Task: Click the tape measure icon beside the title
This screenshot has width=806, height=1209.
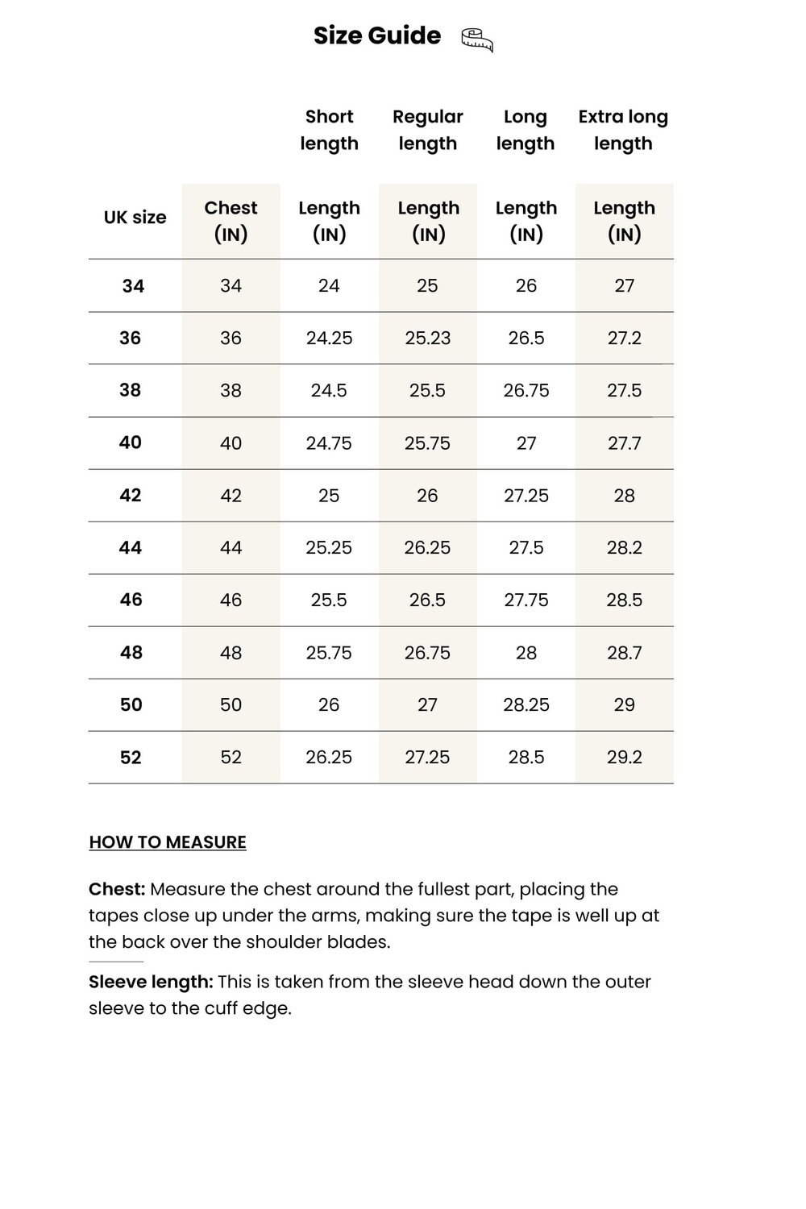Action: click(x=477, y=39)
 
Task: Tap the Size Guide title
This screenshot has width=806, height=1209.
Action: click(x=377, y=35)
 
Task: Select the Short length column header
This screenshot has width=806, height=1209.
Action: click(x=329, y=130)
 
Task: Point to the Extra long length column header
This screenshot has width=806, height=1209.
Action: click(x=623, y=130)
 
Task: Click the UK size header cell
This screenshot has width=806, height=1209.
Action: click(x=135, y=218)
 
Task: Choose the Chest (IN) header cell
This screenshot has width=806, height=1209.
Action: click(x=231, y=221)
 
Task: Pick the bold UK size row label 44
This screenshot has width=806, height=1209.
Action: click(x=131, y=548)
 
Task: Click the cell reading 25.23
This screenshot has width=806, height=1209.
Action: click(x=427, y=339)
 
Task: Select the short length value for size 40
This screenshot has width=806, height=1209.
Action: click(x=329, y=443)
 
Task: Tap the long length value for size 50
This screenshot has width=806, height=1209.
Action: click(x=526, y=705)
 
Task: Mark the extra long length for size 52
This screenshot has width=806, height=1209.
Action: click(x=625, y=758)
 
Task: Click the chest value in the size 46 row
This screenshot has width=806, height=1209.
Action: click(x=231, y=600)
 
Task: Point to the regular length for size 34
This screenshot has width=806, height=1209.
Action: click(x=427, y=286)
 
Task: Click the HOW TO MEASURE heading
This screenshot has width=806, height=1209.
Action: click(x=168, y=842)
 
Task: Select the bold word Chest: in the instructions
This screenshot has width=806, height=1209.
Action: click(x=117, y=889)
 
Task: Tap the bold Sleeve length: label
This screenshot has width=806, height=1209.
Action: click(x=151, y=982)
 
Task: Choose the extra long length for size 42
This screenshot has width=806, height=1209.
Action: click(x=625, y=496)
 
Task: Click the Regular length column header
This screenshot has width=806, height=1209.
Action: click(x=427, y=130)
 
